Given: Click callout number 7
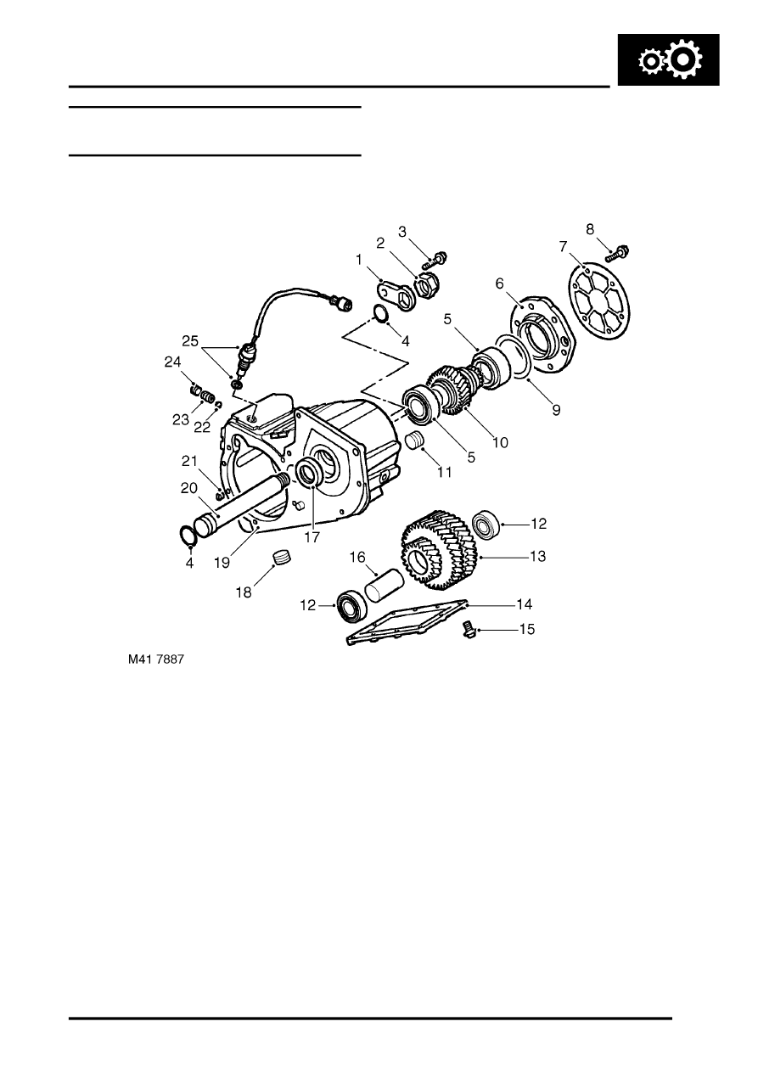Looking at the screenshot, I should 562,246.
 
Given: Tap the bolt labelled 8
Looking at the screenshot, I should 618,252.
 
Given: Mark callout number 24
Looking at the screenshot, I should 174,362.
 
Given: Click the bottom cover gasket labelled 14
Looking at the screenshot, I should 407,623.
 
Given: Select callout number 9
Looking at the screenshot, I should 555,409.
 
